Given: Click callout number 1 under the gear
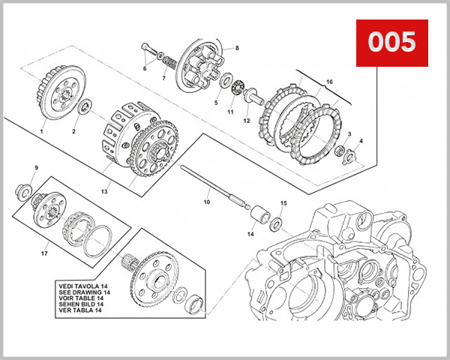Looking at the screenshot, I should (41, 131).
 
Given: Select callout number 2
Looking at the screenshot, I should (73, 131).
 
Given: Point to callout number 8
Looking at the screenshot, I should (236, 48).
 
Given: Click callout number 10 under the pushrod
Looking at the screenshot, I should (207, 202).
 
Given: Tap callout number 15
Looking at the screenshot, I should (283, 203).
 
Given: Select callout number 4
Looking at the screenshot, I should (361, 141).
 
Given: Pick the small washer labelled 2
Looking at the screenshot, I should (85, 108).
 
